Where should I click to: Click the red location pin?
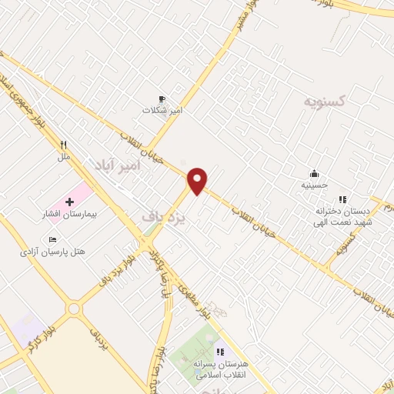pyautogui.click(x=198, y=180)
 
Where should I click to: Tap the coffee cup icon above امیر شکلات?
pyautogui.click(x=162, y=98)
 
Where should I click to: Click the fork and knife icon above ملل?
pyautogui.click(x=64, y=144)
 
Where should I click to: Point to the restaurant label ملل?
pyautogui.click(x=64, y=156)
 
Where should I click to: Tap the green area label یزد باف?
pyautogui.click(x=165, y=218)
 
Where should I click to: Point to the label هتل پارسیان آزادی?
pyautogui.click(x=55, y=252)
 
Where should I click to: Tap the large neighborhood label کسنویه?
pyautogui.click(x=324, y=101)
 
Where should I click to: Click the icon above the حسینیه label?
pyautogui.click(x=314, y=173)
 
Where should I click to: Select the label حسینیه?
pyautogui.click(x=314, y=185)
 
